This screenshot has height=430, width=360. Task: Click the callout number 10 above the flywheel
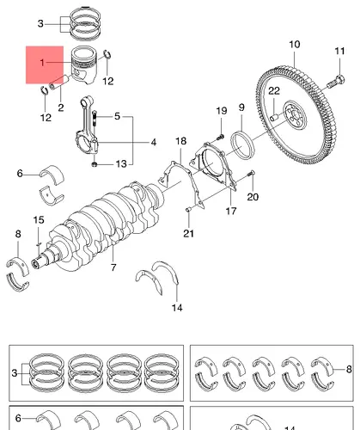coord(295,45)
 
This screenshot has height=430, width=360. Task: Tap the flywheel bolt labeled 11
coord(336,82)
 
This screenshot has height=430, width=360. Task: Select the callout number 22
coord(274,91)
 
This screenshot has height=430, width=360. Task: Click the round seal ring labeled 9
coord(242,145)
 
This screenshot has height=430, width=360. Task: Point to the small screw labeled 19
coord(220,138)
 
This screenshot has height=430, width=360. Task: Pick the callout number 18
coord(180,141)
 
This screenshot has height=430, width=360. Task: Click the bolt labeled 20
coord(252,173)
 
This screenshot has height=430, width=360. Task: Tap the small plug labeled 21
coord(188,210)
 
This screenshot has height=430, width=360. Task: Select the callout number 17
coord(231,212)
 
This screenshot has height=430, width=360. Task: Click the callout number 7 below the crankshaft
coord(113,267)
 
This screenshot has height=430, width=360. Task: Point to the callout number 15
coord(39,220)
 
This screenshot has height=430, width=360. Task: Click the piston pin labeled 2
coord(59,82)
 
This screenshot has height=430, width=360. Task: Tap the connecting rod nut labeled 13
coord(95,164)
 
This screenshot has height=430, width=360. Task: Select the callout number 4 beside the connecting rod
coord(154,142)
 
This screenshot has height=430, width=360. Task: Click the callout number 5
coord(117,116)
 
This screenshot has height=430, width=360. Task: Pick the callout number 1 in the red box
coord(42,62)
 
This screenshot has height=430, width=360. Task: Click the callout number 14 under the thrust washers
coord(177,308)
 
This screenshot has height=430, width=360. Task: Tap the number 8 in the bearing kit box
coord(349,369)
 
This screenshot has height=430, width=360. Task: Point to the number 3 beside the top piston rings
coord(40,23)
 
